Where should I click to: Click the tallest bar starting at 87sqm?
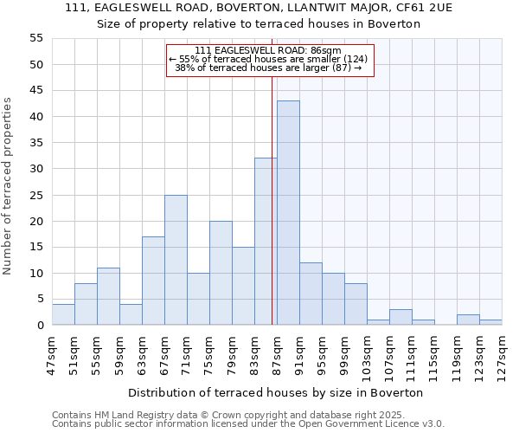288,213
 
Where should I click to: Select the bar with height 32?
266,242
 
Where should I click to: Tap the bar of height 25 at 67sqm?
176,260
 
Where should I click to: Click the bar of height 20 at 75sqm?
221,273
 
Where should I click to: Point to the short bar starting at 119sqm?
468,320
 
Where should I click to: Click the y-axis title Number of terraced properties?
8,185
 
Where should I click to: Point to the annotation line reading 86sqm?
268,50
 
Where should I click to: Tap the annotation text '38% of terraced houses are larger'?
268,68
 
